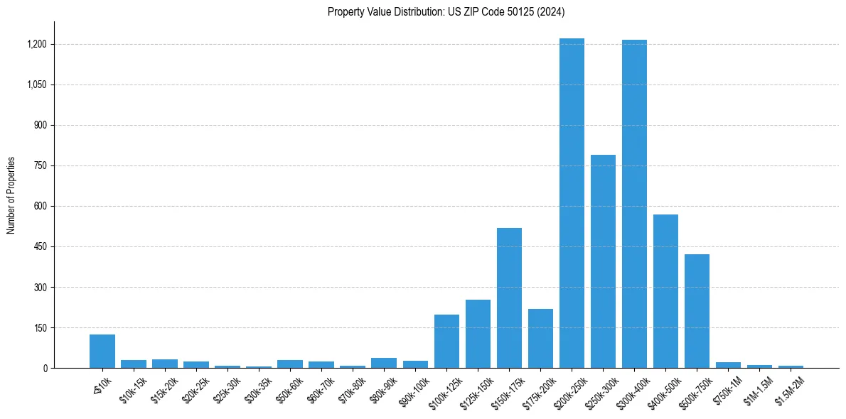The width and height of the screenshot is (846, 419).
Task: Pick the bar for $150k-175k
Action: pyautogui.click(x=509, y=298)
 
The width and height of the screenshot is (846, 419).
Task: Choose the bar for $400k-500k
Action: pyautogui.click(x=665, y=291)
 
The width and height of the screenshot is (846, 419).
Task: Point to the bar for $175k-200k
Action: pyautogui.click(x=540, y=338)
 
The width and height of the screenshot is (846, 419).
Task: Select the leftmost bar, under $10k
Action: pyautogui.click(x=102, y=351)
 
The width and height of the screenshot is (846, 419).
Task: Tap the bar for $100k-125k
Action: pyautogui.click(x=446, y=341)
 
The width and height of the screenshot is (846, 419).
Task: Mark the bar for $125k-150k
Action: pyautogui.click(x=478, y=334)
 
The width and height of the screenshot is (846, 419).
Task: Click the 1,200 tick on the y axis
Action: pyautogui.click(x=36, y=44)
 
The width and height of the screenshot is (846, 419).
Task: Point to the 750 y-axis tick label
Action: pyautogui.click(x=40, y=165)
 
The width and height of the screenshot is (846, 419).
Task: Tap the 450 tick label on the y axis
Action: pyautogui.click(x=40, y=246)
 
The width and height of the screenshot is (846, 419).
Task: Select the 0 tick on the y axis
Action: pyautogui.click(x=45, y=368)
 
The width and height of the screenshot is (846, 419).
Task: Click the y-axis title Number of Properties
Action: pyautogui.click(x=11, y=195)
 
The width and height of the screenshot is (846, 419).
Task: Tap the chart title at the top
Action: pyautogui.click(x=446, y=11)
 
